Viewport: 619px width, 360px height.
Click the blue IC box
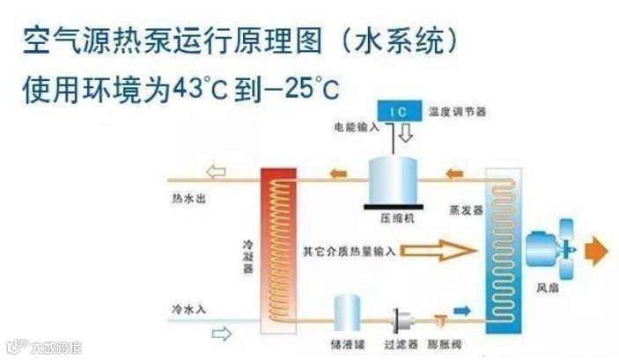click(398, 112)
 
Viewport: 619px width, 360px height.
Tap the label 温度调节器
click(458, 113)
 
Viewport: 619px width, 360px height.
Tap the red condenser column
click(277, 246)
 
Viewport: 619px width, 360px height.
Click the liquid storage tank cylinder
click(350, 314)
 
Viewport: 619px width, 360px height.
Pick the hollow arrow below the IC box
click(406, 135)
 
